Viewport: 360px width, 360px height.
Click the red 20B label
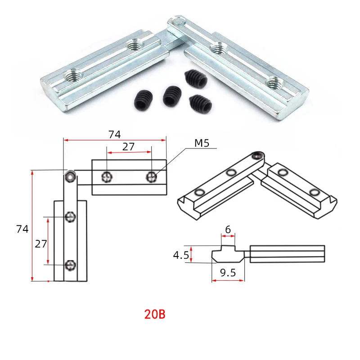[x=155, y=314]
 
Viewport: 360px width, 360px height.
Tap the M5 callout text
[x=202, y=143]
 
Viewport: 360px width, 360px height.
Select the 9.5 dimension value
[x=228, y=273]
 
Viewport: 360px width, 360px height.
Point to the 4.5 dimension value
[x=181, y=255]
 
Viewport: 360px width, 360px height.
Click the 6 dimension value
[x=228, y=229]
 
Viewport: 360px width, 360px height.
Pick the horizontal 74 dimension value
[x=115, y=135]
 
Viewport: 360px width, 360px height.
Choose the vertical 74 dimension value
[x=22, y=229]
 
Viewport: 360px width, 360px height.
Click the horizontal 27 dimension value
[x=128, y=147]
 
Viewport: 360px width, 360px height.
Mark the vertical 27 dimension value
[x=41, y=244]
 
